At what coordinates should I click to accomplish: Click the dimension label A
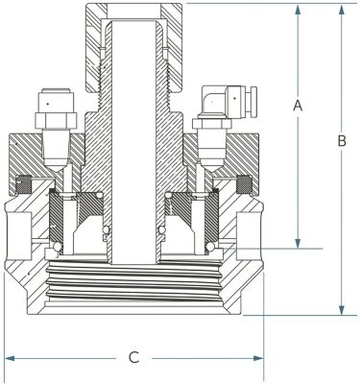click(298, 106)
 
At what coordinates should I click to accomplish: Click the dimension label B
click(342, 141)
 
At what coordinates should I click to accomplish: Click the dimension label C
click(134, 357)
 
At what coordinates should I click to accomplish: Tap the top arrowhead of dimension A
click(298, 10)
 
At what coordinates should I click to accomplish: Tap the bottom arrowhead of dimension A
click(298, 243)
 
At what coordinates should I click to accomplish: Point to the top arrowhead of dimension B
click(342, 10)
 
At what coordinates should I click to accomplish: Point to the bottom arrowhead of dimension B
click(342, 310)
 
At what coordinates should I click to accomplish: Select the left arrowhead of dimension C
click(11, 358)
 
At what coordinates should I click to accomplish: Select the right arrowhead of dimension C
click(258, 358)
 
